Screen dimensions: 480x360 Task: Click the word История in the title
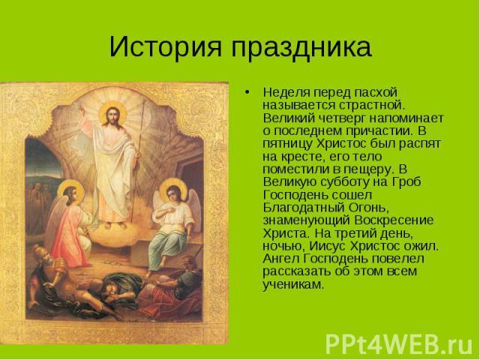pos(165,46)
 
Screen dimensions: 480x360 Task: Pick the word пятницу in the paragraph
pos(287,144)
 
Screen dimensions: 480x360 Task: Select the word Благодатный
pos(303,208)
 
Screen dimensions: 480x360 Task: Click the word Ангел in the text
pos(281,259)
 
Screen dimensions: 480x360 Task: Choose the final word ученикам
pos(293,285)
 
